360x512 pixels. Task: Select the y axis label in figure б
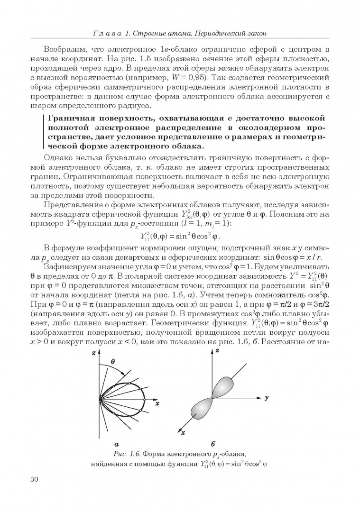coord(266,398)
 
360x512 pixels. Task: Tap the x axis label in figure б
coord(183,433)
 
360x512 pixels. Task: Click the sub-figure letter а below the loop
coord(117,444)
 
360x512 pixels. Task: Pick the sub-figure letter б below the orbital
coord(213,444)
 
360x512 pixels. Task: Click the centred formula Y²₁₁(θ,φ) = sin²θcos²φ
coord(180,236)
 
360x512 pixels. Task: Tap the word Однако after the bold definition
coord(58,158)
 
